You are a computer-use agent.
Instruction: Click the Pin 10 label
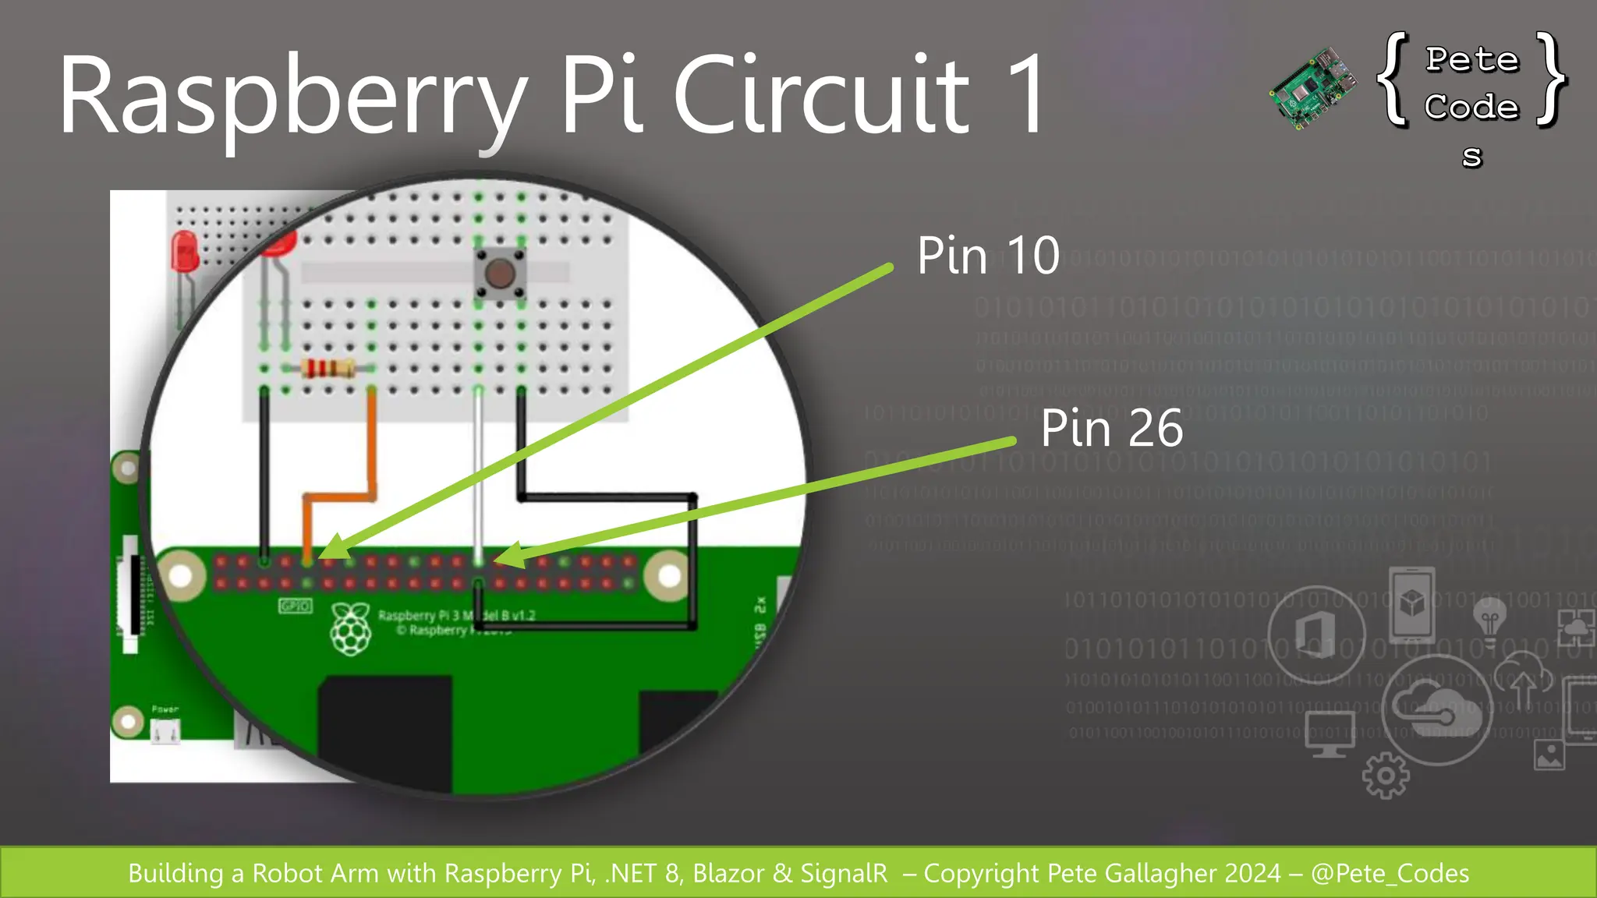[x=988, y=256]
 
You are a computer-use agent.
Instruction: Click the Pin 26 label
[x=1111, y=428]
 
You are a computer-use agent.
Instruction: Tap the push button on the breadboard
[x=499, y=274]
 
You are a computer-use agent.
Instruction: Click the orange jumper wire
[x=372, y=452]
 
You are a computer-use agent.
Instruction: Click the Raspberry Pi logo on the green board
[x=351, y=628]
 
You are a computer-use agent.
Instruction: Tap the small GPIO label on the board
[x=295, y=606]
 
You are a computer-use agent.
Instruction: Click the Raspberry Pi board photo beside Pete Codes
[x=1312, y=87]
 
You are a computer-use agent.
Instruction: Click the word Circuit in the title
[x=820, y=95]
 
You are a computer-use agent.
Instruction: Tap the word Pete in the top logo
[x=1472, y=60]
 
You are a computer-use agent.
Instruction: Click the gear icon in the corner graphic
[x=1386, y=775]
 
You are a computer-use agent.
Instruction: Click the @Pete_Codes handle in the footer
[x=1390, y=873]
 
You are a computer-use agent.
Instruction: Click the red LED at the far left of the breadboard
[x=185, y=251]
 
